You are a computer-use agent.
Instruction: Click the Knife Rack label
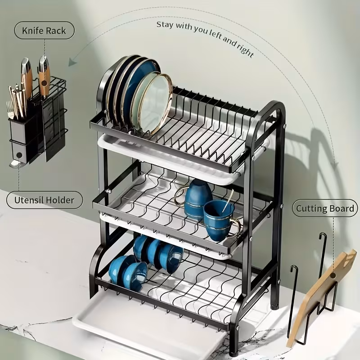pyautogui.click(x=44, y=31)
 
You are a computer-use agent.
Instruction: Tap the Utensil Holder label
pyautogui.click(x=45, y=200)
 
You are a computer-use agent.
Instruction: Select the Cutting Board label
pyautogui.click(x=324, y=209)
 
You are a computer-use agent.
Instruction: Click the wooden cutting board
pyautogui.click(x=321, y=292)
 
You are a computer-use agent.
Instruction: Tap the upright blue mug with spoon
pyautogui.click(x=219, y=220)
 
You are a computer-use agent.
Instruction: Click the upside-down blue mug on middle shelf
pyautogui.click(x=198, y=198)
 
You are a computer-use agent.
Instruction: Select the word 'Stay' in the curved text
pyautogui.click(x=164, y=23)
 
